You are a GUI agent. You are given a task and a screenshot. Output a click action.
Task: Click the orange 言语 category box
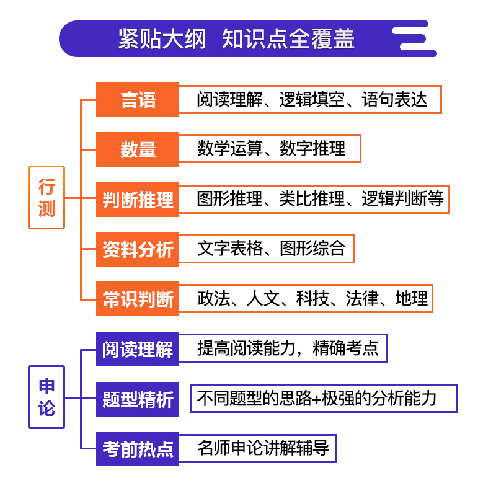tap(137, 100)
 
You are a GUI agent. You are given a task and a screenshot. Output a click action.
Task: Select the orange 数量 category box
tap(137, 149)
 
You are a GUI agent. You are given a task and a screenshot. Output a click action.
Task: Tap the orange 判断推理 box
tap(137, 200)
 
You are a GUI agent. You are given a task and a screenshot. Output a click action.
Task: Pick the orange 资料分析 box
tap(137, 249)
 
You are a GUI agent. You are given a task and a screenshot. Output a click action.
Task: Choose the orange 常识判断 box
tap(137, 299)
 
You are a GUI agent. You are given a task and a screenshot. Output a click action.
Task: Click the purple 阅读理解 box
tap(137, 348)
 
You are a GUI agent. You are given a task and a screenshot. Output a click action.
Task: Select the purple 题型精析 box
tap(137, 399)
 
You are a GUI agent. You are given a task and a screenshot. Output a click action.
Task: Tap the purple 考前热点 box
tap(137, 448)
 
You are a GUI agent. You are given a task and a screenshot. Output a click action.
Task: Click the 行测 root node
tap(46, 198)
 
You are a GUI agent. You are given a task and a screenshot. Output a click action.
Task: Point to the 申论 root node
tap(46, 397)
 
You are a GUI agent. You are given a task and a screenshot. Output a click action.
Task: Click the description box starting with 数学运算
tap(270, 149)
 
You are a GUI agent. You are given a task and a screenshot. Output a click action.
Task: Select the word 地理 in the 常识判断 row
tap(411, 299)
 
